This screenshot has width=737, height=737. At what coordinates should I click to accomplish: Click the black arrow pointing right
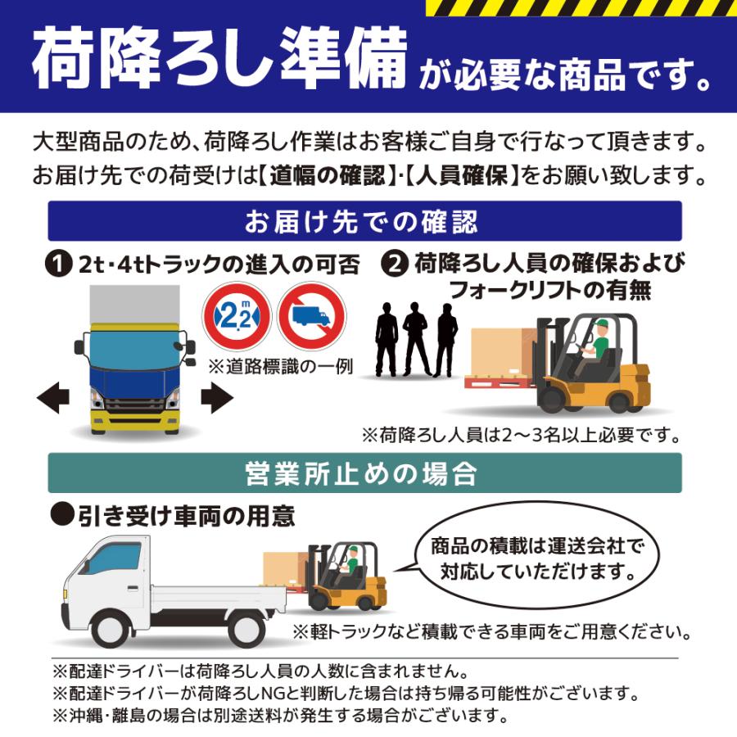[217, 400]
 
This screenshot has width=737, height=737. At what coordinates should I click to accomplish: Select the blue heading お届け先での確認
[364, 221]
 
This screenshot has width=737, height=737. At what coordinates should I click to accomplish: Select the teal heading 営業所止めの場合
[364, 473]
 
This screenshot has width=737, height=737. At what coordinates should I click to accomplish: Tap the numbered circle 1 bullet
[60, 265]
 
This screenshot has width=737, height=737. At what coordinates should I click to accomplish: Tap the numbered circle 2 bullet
[396, 264]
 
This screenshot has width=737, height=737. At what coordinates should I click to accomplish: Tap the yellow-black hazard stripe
[581, 7]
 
